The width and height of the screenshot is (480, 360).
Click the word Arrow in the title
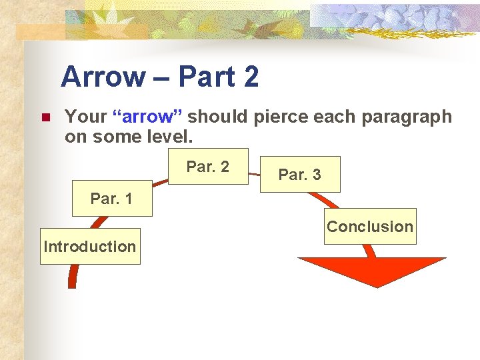click(x=103, y=77)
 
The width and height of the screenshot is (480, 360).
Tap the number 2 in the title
click(x=251, y=77)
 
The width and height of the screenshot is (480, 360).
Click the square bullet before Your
click(x=45, y=118)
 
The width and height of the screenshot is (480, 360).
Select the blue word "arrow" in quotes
click(x=147, y=117)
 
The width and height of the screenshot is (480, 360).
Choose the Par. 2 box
click(x=208, y=167)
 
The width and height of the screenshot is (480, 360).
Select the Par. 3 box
click(x=300, y=175)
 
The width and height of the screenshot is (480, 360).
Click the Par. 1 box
click(x=111, y=199)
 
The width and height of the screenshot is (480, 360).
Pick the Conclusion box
click(x=370, y=227)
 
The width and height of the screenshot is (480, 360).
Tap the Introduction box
click(x=90, y=247)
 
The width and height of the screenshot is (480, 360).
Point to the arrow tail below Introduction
click(x=73, y=276)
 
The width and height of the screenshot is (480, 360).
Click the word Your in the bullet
click(x=85, y=117)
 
